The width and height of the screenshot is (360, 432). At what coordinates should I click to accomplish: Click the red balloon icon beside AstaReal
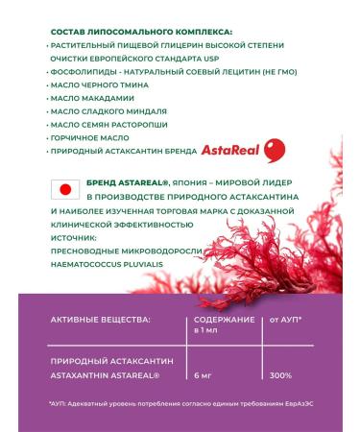(275, 150)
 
